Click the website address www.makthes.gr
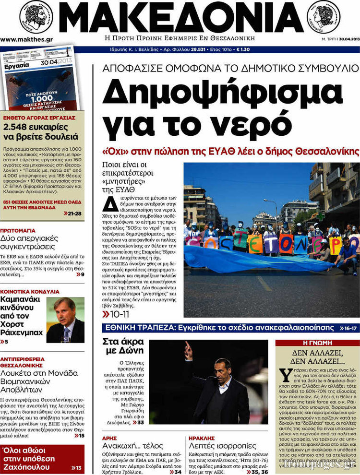(x=26, y=39)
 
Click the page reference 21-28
(x=72, y=213)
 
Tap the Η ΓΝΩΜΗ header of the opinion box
(x=317, y=343)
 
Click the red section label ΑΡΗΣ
(x=110, y=438)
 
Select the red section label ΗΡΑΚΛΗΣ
(x=202, y=438)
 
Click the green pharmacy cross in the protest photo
(x=321, y=216)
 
